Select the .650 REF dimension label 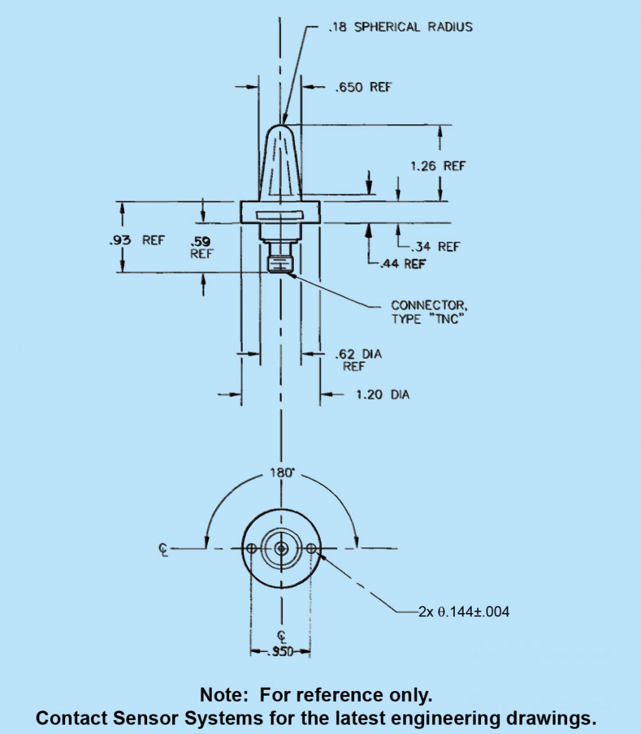[x=363, y=87]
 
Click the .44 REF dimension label [x=402, y=264]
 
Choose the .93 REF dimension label [x=137, y=240]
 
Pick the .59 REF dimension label [x=200, y=246]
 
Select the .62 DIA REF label [x=358, y=359]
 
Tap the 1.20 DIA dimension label [x=382, y=394]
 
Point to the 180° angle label [x=282, y=473]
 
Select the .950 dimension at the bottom [x=280, y=652]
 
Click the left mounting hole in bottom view [x=251, y=549]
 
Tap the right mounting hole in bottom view [x=310, y=549]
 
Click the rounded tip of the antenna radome [x=281, y=128]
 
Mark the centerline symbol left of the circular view [x=163, y=549]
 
